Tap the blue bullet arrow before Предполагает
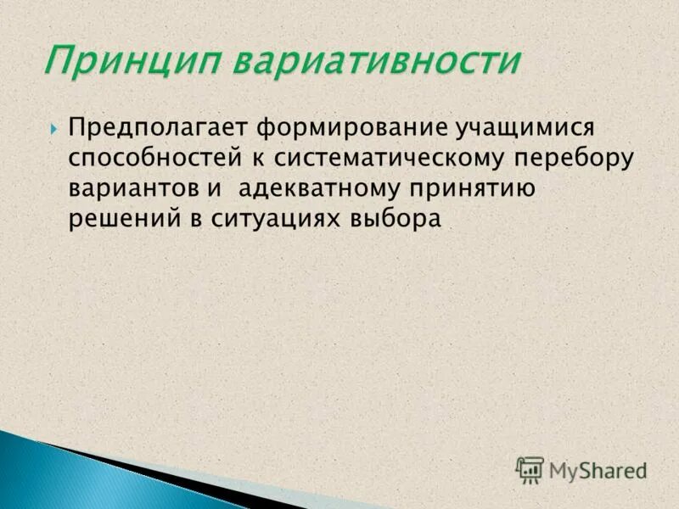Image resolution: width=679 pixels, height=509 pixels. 54,129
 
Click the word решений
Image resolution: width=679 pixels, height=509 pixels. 120,218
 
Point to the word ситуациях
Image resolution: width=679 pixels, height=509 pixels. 272,218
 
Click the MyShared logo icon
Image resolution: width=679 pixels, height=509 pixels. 530,469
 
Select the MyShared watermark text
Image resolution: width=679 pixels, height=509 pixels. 598,470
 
